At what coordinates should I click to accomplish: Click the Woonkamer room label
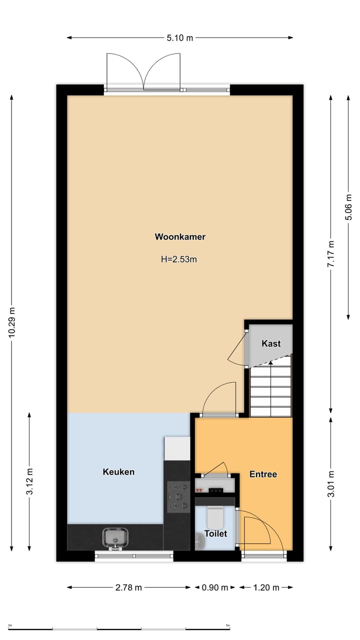(x=180, y=237)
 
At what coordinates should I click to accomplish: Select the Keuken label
(x=118, y=471)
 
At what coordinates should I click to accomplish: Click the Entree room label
(x=263, y=474)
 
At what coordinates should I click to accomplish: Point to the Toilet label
(x=215, y=533)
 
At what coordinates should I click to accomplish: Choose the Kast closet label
(x=271, y=343)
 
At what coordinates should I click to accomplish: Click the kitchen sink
(x=116, y=537)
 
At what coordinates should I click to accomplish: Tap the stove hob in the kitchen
(x=177, y=496)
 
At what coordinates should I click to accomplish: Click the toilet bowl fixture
(x=215, y=515)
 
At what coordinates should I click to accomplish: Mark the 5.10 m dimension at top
(x=179, y=38)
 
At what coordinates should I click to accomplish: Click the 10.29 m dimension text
(x=12, y=323)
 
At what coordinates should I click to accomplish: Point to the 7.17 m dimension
(x=330, y=254)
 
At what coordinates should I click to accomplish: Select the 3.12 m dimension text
(x=30, y=481)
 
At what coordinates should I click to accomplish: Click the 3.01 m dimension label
(x=330, y=483)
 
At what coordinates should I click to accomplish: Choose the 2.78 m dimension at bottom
(x=128, y=587)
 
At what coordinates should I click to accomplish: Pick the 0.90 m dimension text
(x=214, y=587)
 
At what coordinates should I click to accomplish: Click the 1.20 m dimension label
(x=266, y=587)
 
